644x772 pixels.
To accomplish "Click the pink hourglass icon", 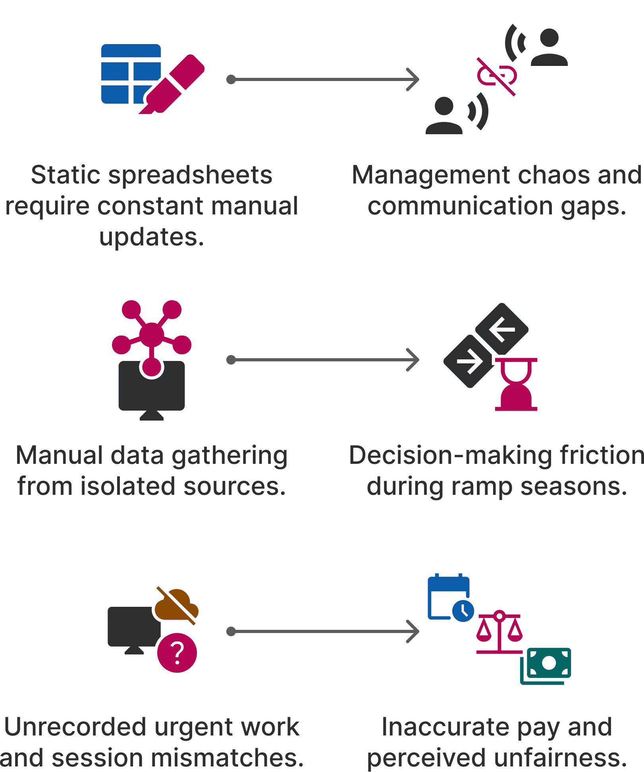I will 516,384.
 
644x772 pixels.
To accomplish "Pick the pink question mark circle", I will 177,652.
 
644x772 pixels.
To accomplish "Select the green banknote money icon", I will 546,666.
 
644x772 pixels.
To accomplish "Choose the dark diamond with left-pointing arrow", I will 502,329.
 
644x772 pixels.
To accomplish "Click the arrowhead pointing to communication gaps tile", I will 413,79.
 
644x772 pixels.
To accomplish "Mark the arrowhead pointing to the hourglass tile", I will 413,360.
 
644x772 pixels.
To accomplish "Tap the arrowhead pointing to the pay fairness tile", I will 413,631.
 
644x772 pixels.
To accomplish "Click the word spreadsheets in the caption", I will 190,175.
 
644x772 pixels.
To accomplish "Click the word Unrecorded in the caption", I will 75,727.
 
